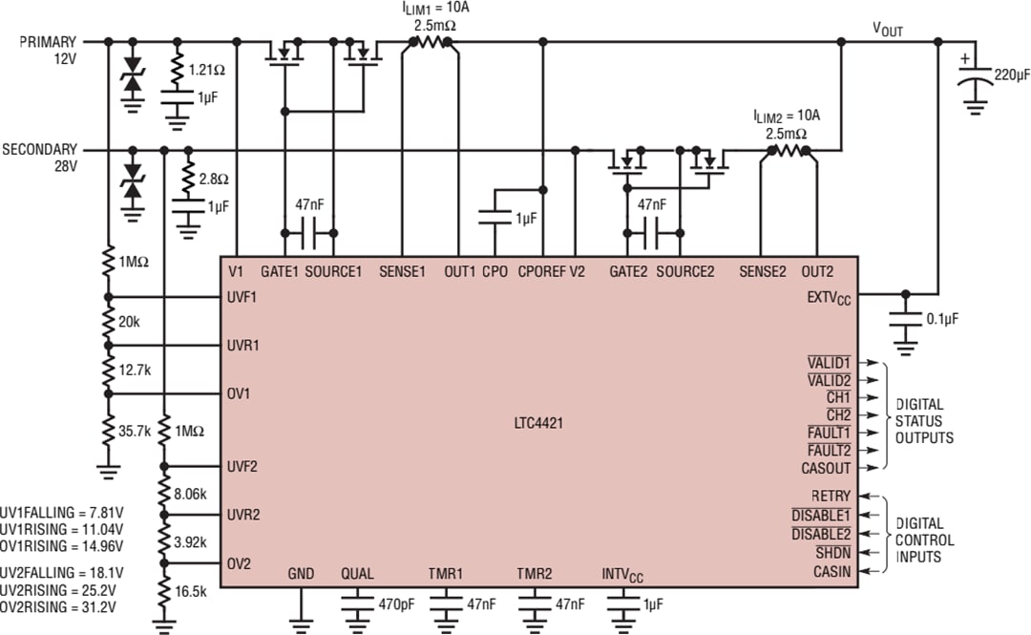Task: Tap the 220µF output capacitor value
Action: [x=1010, y=74]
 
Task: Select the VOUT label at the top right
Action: [x=887, y=31]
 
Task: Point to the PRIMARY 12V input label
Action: [x=48, y=50]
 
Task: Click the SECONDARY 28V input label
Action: [x=40, y=158]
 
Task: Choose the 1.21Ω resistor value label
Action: [x=207, y=70]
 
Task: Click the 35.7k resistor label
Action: [x=134, y=431]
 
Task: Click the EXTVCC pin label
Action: [x=828, y=298]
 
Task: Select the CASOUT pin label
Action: [x=826, y=468]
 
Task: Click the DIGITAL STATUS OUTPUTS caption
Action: [x=924, y=421]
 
